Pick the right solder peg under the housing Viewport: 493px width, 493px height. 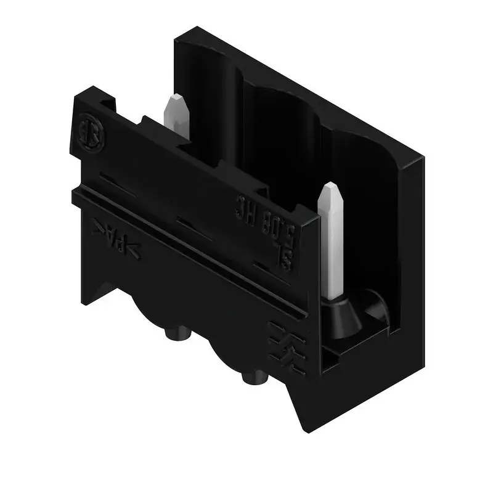click(252, 377)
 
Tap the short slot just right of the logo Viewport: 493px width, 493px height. click(115, 179)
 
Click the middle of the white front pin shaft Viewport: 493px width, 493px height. click(333, 246)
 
